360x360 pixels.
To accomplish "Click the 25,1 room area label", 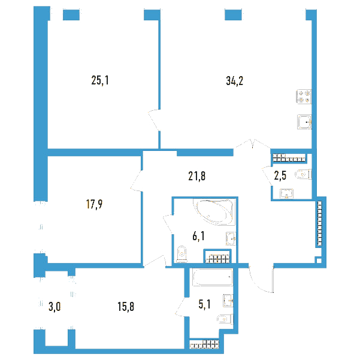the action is [x=100, y=80].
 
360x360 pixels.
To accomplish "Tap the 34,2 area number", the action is [x=235, y=81].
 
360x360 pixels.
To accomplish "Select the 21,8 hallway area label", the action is [x=196, y=176].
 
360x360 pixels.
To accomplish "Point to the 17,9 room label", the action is [x=94, y=204].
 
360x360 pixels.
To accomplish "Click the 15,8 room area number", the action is [x=126, y=307].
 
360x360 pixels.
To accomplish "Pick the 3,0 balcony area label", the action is [x=55, y=307].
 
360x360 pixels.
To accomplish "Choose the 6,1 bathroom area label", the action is [x=199, y=236].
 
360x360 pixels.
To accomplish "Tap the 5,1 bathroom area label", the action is [x=204, y=304].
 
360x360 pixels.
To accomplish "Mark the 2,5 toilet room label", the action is [x=280, y=176].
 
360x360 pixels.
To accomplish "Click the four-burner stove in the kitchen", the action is [x=304, y=96].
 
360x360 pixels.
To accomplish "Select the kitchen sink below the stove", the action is [x=304, y=122].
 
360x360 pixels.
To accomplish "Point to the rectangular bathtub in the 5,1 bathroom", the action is [x=213, y=277].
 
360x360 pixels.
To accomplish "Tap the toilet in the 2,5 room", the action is [x=303, y=175].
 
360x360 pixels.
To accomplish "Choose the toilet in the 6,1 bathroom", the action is [x=182, y=255].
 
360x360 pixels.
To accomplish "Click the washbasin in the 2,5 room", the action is [x=286, y=193].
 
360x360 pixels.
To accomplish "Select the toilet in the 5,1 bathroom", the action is [x=225, y=319].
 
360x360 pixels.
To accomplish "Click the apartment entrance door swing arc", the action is [x=258, y=285].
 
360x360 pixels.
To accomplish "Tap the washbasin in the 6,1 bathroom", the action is [x=231, y=238].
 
